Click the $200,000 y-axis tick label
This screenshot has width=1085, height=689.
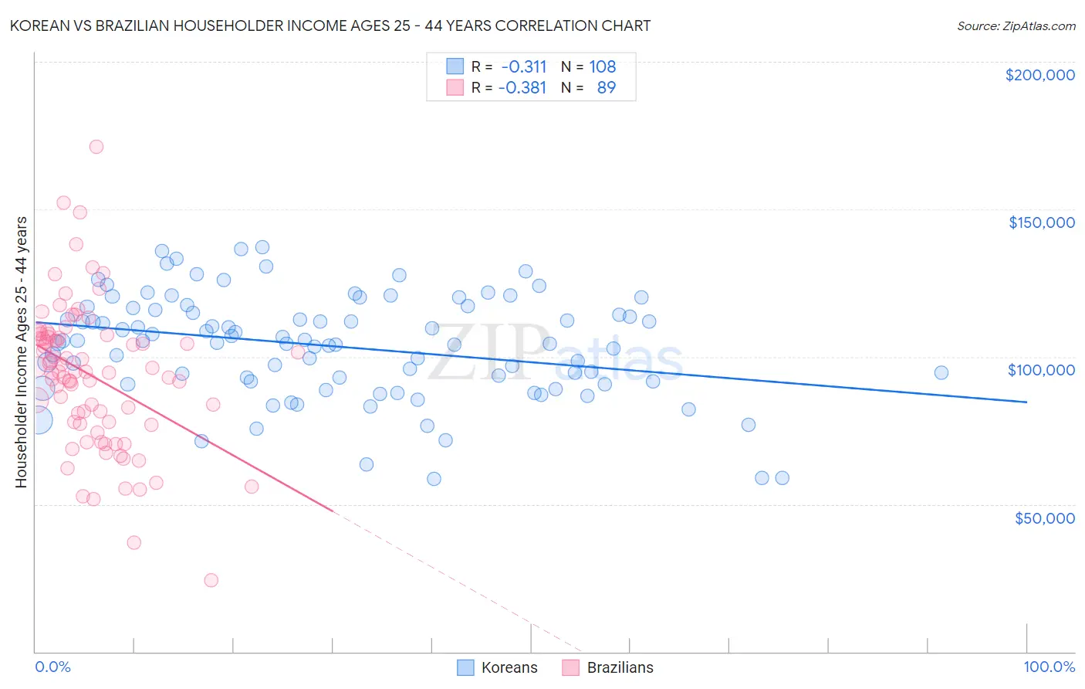[x=1039, y=75]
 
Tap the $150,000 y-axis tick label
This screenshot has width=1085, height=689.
[x=1041, y=222]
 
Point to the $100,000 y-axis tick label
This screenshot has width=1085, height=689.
[x=1041, y=370]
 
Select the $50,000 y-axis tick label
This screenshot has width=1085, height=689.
[x=1044, y=518]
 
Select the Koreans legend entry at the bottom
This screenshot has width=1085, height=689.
[x=497, y=667]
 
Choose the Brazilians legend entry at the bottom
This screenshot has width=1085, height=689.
[x=607, y=667]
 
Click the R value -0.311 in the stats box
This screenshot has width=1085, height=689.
[x=523, y=66]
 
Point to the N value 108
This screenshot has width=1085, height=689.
[x=603, y=66]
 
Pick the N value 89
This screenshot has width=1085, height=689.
[x=607, y=87]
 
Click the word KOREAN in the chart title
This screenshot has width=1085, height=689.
[x=36, y=25]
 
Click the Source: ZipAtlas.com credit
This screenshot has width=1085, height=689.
[x=1016, y=25]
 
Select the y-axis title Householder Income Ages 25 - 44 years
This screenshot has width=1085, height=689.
[x=21, y=352]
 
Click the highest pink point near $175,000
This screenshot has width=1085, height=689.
[x=96, y=147]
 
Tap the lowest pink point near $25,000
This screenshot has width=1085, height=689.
[x=211, y=580]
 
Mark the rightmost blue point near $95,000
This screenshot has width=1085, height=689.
[x=941, y=373]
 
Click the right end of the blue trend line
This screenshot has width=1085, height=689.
[x=1026, y=402]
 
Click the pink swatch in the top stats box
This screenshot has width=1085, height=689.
[x=455, y=87]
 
